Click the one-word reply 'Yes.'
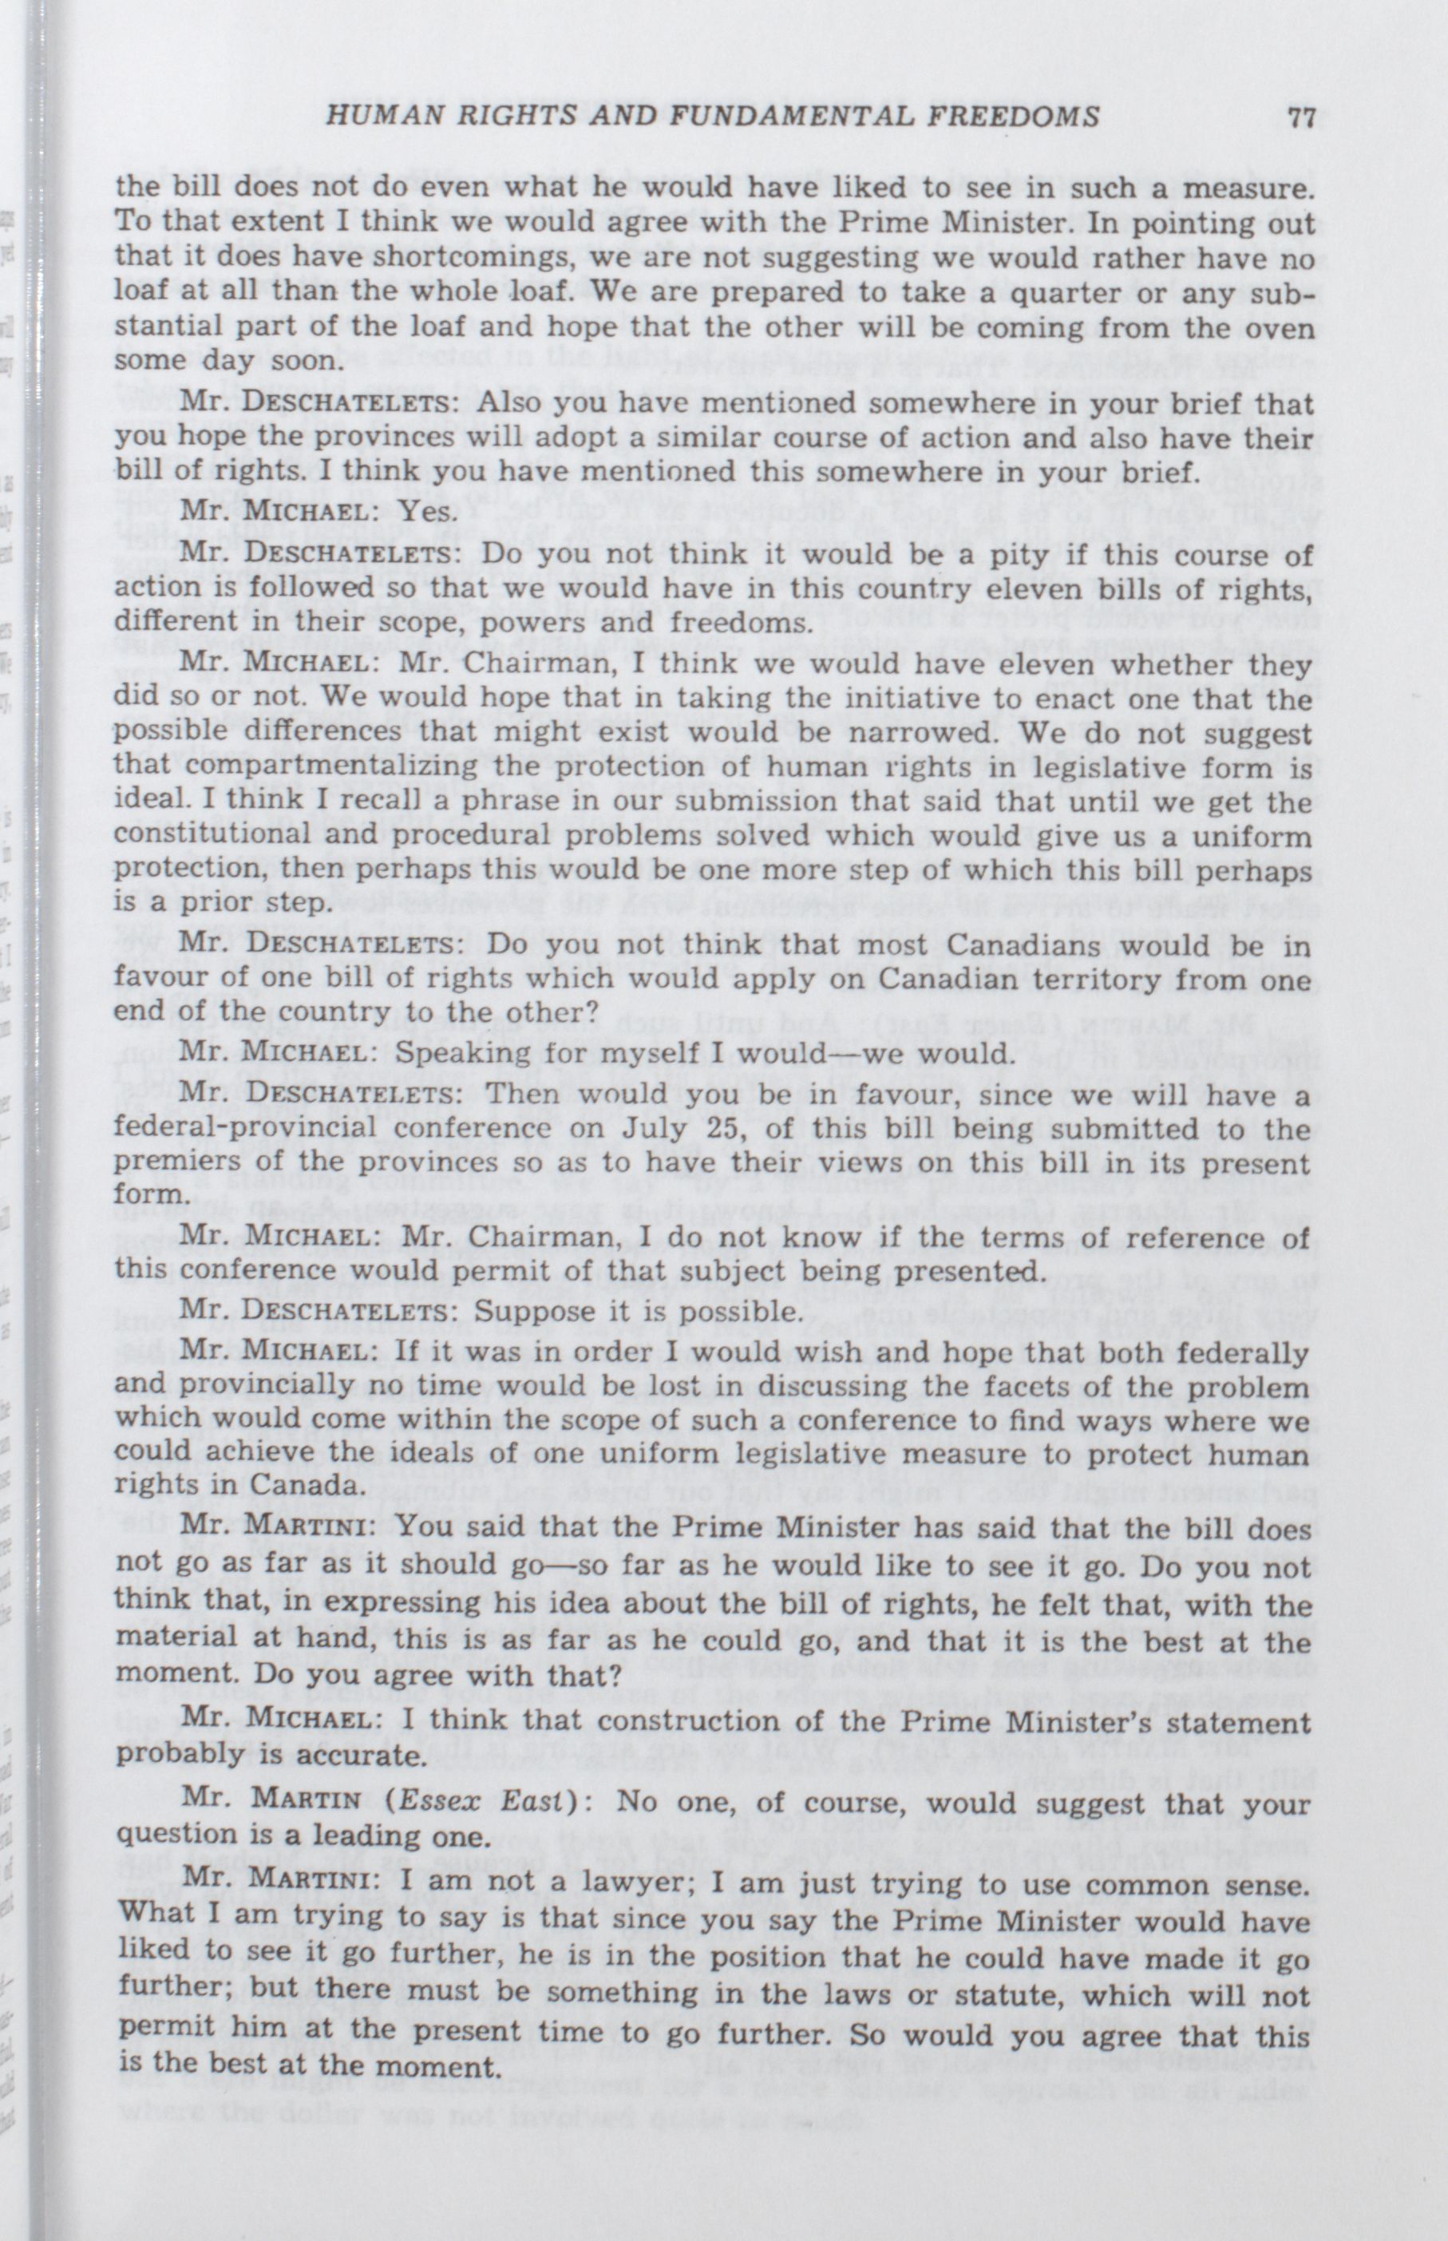(x=429, y=512)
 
